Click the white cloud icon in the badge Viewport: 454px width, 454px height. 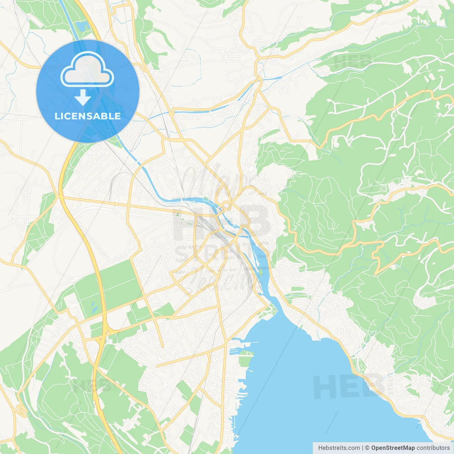click(x=87, y=70)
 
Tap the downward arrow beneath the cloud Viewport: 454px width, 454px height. click(x=83, y=98)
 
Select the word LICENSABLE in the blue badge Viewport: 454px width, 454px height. click(x=88, y=116)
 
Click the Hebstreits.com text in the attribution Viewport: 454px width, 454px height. click(x=339, y=448)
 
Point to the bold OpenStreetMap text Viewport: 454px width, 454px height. click(x=393, y=448)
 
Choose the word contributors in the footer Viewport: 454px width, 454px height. click(x=433, y=448)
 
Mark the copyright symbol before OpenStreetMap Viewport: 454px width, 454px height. click(x=367, y=448)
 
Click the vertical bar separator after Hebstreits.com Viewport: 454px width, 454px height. click(x=362, y=448)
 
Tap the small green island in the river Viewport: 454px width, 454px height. click(x=261, y=272)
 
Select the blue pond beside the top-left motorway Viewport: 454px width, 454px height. click(x=82, y=26)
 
